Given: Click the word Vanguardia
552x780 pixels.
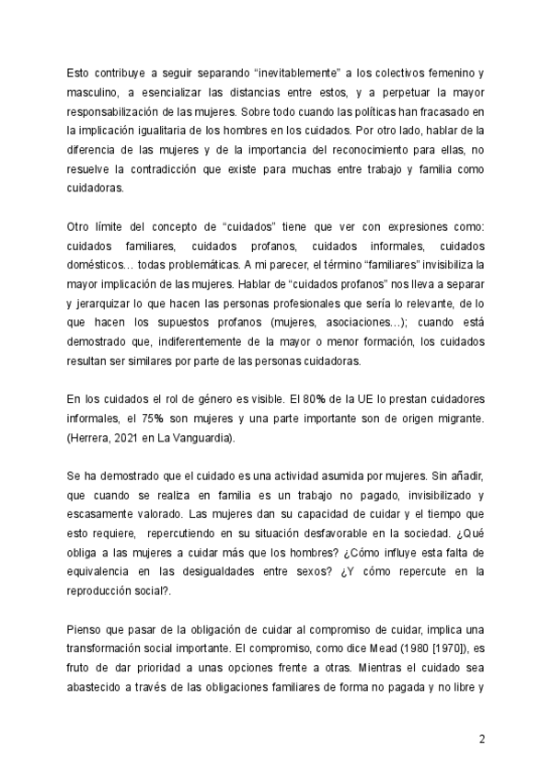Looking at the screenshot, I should (x=201, y=439).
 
